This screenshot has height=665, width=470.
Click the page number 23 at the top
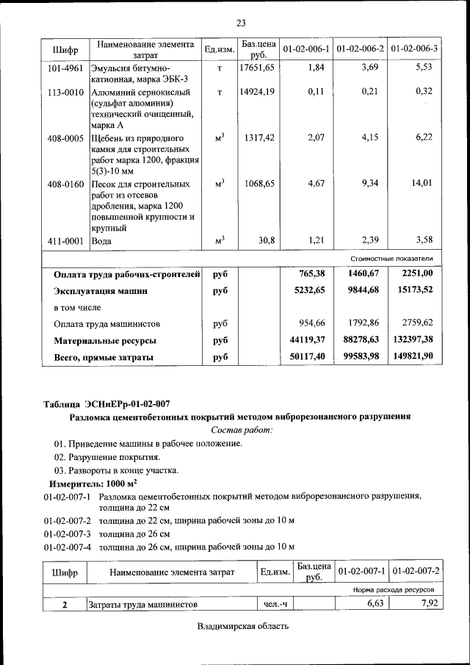coord(241,23)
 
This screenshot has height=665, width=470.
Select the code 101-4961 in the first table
coord(65,68)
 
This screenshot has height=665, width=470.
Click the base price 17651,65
coord(257,68)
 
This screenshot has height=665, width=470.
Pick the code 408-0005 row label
coord(65,138)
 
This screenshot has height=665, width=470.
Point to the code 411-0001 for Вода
coord(65,240)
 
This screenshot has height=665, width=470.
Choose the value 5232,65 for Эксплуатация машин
coord(307,290)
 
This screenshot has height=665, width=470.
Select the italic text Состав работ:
coord(242,429)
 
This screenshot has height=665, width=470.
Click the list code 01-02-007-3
coord(67,533)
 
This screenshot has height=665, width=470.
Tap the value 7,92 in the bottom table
coord(424,604)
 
